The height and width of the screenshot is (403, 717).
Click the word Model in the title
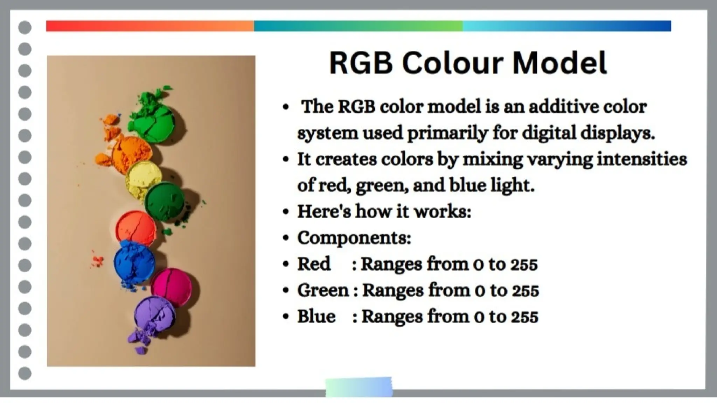pos(559,63)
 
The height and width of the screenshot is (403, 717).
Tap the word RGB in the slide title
pos(361,63)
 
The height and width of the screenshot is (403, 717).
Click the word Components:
pos(354,238)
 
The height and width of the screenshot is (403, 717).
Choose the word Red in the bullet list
pos(314,264)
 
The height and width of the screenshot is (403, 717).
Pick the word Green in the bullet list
pos(323,290)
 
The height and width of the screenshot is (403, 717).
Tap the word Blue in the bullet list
pos(316,317)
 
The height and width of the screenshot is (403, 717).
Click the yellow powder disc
pos(143,179)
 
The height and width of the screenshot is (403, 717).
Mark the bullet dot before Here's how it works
pos(286,212)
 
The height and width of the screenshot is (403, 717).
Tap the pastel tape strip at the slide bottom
pos(359,387)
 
